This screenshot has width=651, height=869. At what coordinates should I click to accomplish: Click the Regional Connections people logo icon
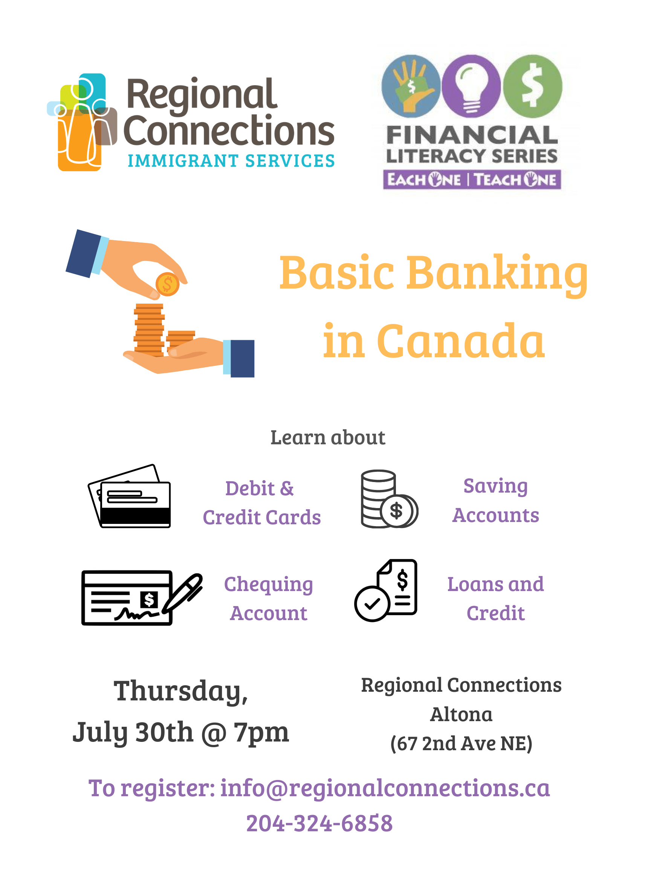point(82,122)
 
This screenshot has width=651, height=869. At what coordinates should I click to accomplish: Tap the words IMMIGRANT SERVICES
point(231,161)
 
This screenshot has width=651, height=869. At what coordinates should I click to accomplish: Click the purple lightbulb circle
point(471,86)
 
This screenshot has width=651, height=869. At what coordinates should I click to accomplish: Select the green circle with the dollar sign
point(532,86)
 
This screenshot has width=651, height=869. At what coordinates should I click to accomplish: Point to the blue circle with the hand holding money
point(411,86)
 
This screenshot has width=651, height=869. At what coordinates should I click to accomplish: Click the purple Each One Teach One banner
point(472,180)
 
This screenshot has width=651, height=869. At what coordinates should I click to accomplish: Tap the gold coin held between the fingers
point(168,284)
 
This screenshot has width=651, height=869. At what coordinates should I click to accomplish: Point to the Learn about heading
point(328,437)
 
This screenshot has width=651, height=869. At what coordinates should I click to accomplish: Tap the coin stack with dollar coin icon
point(389,499)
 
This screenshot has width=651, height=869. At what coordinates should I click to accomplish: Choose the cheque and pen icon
point(142,598)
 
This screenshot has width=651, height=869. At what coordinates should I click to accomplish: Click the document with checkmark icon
point(386,591)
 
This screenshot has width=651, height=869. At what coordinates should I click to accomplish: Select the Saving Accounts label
point(496,501)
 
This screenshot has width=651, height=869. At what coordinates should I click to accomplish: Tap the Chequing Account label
point(269,599)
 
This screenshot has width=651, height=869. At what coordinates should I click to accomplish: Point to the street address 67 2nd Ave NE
point(462,744)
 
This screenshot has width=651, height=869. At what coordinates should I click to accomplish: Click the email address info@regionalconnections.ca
point(385,788)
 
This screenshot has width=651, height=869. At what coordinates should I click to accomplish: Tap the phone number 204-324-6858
point(319,823)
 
